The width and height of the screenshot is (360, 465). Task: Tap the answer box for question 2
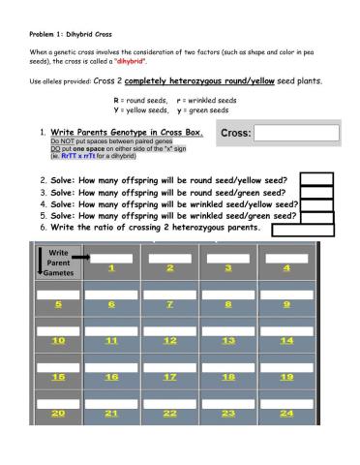pyautogui.click(x=315, y=179)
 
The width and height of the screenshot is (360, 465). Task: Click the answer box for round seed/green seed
pyautogui.click(x=315, y=192)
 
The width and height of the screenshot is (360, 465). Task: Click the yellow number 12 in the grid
pyautogui.click(x=169, y=341)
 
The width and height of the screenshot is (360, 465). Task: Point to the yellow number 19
pyautogui.click(x=285, y=377)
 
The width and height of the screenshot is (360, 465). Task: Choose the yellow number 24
pyautogui.click(x=285, y=414)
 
